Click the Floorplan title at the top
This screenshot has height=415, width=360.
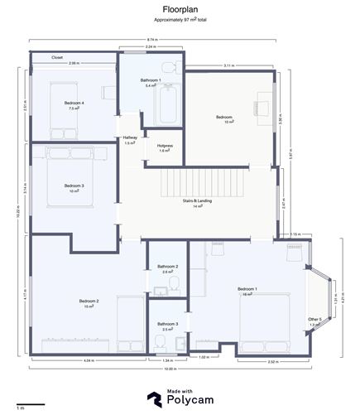click(180, 8)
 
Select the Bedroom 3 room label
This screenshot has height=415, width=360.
click(74, 186)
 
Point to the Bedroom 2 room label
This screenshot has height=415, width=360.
click(89, 302)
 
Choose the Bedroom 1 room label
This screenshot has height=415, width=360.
click(247, 289)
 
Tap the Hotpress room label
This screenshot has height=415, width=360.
click(164, 147)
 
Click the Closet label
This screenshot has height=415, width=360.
click(57, 57)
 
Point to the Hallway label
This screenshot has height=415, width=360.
click(130, 139)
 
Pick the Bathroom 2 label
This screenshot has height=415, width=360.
click(168, 268)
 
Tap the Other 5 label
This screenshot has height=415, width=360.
click(314, 321)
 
